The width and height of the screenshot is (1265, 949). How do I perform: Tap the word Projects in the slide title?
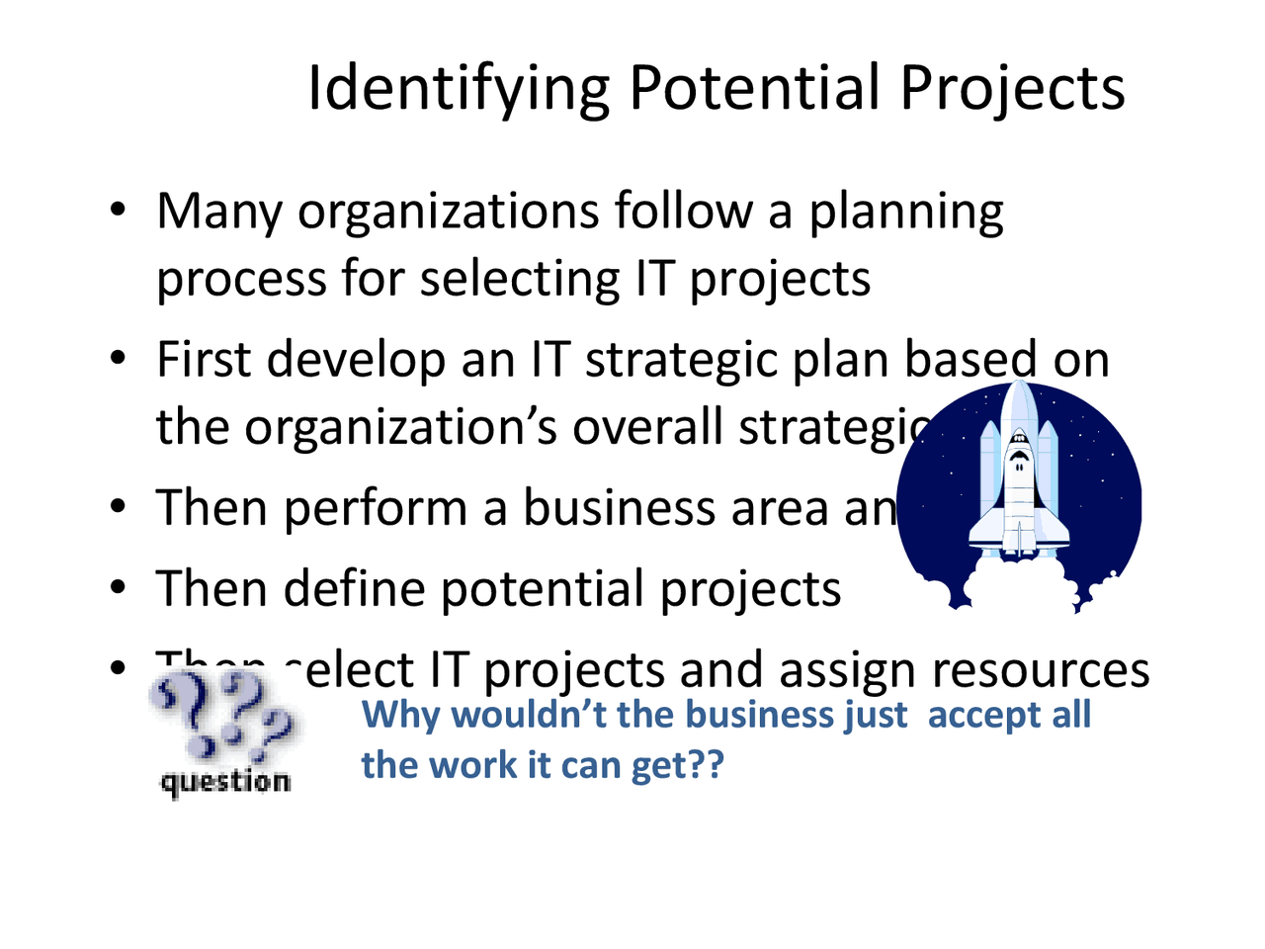coord(1012,89)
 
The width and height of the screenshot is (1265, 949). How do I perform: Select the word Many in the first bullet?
coord(218,213)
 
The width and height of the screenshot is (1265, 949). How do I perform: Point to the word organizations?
coord(448,213)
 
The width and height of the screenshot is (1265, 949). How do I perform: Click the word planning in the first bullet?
coord(906,213)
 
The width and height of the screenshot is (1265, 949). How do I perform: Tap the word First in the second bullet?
coord(204,359)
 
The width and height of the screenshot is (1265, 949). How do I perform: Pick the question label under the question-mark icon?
coord(225,782)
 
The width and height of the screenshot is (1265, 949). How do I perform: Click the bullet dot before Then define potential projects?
coord(118,588)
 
